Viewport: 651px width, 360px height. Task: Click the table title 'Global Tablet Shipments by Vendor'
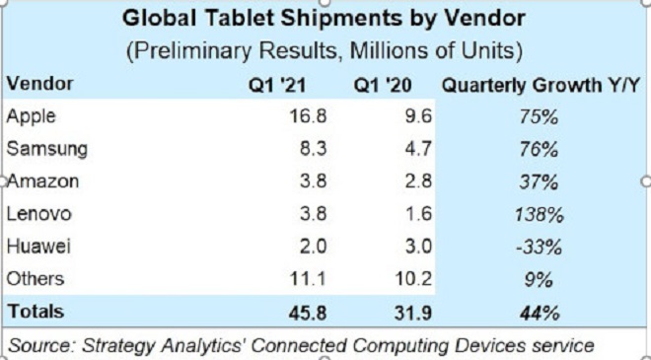(324, 19)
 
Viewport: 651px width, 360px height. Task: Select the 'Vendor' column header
(40, 84)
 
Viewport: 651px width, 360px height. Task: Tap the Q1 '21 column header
(277, 86)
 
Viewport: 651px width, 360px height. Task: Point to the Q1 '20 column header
(383, 86)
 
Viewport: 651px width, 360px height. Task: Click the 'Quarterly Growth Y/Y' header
(541, 86)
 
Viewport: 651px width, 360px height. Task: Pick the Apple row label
(32, 116)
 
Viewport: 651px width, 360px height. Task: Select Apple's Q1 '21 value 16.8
(308, 116)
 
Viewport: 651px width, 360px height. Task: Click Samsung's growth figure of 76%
(539, 150)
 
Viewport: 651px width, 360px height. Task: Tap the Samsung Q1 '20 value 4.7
(418, 149)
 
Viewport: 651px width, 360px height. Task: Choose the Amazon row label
(43, 181)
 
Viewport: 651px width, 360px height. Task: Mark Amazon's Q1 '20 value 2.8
(418, 181)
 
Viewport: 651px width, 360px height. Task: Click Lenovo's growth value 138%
(539, 215)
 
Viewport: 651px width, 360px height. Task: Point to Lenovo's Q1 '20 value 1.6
(419, 214)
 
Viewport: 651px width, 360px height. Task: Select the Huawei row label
(39, 247)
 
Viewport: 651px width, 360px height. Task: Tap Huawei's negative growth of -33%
(539, 248)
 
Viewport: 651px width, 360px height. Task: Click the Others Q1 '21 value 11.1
(308, 279)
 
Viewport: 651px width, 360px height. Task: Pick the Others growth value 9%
(539, 280)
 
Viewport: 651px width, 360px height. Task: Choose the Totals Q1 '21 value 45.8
(308, 313)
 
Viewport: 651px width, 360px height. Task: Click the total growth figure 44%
(539, 314)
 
